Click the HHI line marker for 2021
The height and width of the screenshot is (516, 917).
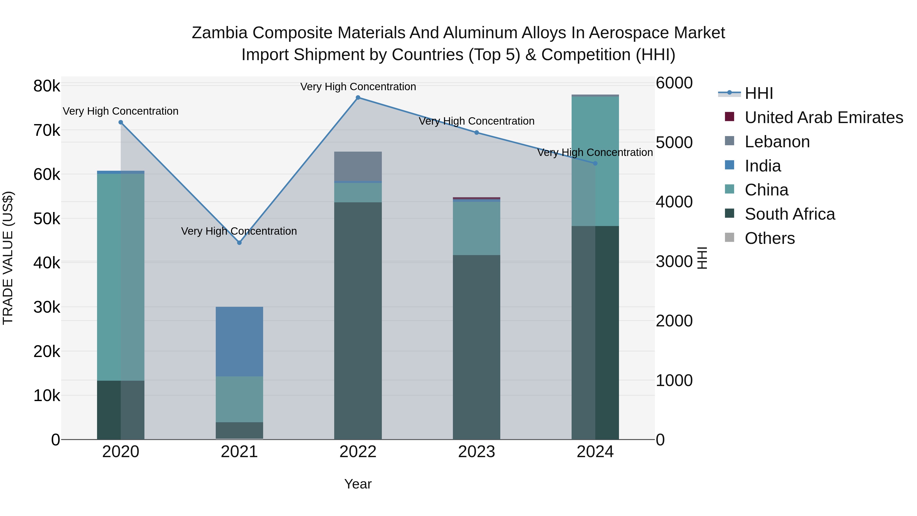point(239,243)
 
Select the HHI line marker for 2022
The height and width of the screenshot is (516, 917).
point(358,98)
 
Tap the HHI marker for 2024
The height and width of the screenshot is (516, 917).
point(595,163)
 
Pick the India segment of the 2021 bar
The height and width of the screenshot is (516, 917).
point(239,341)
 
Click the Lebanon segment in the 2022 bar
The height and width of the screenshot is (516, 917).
point(358,166)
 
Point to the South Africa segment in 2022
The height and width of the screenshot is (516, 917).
point(358,321)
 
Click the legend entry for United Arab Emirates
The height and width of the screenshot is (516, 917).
point(824,117)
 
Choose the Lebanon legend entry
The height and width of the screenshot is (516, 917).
point(777,142)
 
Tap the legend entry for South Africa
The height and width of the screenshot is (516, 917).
point(790,214)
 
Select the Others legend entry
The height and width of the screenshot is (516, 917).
point(770,238)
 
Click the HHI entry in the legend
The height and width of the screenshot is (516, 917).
point(759,93)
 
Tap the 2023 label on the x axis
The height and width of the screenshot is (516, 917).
point(476,452)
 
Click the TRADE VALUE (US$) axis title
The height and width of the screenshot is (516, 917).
point(8,258)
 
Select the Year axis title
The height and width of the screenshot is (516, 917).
point(358,484)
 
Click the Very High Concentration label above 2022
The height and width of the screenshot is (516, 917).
point(358,87)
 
